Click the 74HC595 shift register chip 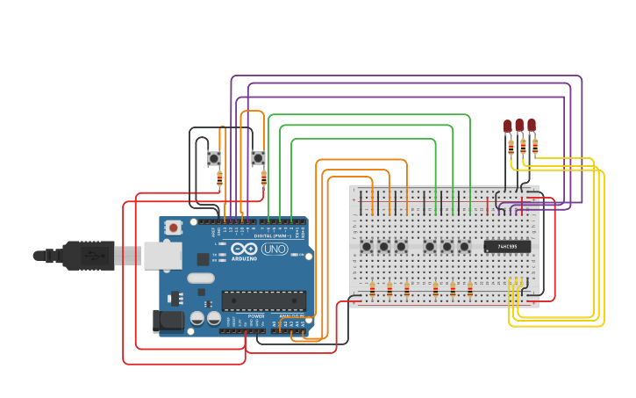[507, 247]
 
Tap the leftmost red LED [508, 127]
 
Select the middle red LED [519, 125]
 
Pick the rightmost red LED [532, 125]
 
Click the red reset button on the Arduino [174, 228]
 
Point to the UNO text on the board [274, 249]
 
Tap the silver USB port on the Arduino [163, 255]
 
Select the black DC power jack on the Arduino [168, 321]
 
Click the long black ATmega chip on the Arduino [263, 300]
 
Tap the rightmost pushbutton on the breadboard [464, 246]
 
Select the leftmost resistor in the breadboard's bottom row [372, 289]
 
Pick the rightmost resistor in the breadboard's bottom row [470, 289]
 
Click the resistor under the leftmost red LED [511, 148]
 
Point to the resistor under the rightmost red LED [535, 145]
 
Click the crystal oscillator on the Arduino [200, 279]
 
